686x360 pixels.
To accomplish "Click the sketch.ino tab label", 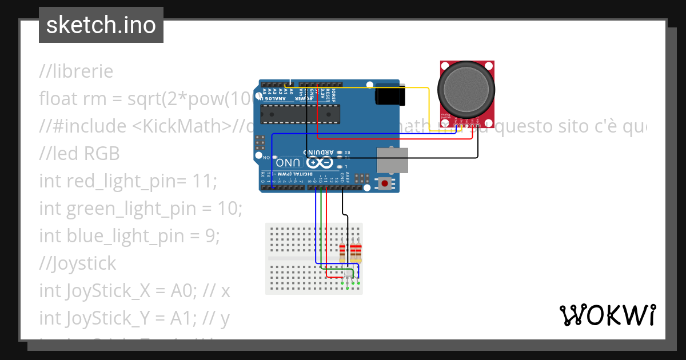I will [101, 25].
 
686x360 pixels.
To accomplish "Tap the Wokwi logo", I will [607, 315].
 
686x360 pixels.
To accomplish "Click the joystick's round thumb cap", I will [465, 88].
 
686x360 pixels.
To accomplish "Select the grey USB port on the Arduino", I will [392, 159].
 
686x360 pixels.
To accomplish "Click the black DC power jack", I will [390, 94].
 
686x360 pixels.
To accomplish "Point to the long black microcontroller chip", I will [300, 114].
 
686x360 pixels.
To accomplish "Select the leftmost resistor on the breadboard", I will [343, 251].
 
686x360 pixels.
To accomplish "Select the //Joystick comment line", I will [78, 263].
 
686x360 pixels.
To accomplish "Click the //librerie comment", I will [76, 71].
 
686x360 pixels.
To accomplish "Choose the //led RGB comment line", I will [79, 154].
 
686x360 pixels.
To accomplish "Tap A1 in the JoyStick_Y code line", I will [182, 318].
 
